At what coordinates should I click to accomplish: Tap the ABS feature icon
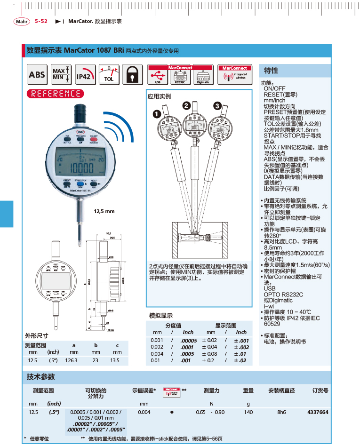pos(37,75)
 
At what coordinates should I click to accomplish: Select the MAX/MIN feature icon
pos(61,74)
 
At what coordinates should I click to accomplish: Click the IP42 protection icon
pos(85,75)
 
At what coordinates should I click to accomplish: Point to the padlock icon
pos(133,75)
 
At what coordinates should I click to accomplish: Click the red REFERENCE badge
pos(55,94)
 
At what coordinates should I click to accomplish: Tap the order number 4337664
pos(317,412)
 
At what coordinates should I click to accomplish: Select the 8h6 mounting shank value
pos(281,412)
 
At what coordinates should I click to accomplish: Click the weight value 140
pos(248,412)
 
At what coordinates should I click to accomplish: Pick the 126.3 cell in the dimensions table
pos(74,360)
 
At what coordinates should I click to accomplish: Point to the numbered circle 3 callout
pos(217,106)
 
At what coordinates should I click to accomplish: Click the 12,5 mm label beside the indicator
pos(104,211)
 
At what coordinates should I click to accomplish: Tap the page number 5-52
pos(41,21)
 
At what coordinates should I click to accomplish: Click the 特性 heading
pos(272,71)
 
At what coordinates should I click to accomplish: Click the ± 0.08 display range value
pos(209,354)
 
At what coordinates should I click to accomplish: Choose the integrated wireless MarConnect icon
pos(235,75)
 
